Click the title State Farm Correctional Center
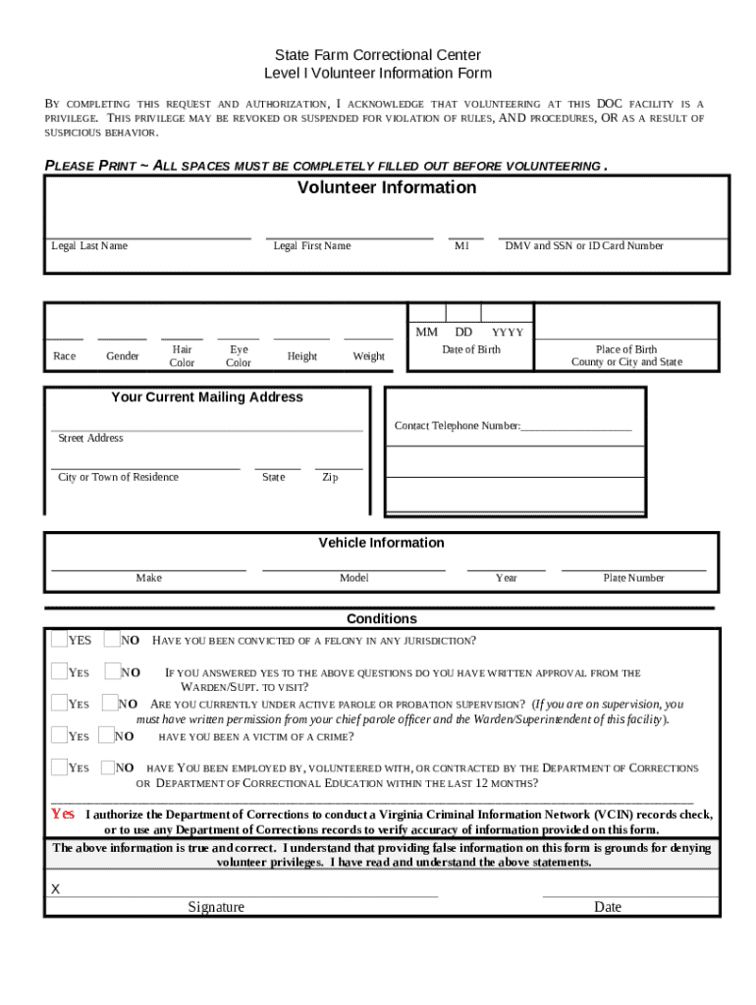[377, 55]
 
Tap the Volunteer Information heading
[387, 187]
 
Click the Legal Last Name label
[89, 245]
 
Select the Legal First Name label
[311, 245]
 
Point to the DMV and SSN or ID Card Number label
[584, 245]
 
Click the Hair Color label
[182, 355]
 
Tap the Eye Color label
[239, 355]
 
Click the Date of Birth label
[470, 349]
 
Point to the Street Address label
[90, 438]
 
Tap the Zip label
[330, 477]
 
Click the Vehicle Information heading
[381, 543]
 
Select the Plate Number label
[633, 578]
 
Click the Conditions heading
[381, 618]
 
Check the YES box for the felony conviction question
[59, 640]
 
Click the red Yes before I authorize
[63, 814]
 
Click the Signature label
[216, 907]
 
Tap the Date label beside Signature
[608, 907]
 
